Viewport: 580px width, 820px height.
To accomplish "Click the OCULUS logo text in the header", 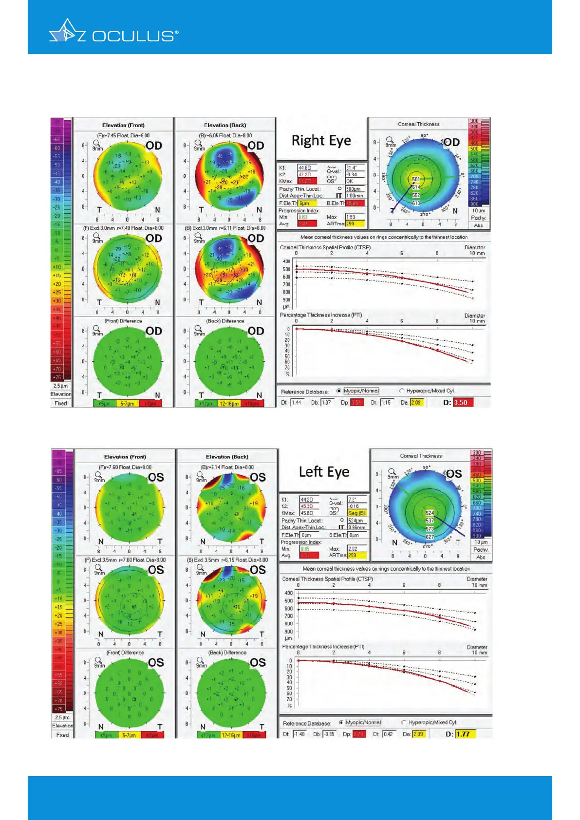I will pos(133,36).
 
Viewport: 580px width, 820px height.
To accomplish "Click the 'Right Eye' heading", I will pos(321,140).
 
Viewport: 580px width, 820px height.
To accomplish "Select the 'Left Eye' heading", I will pos(324,472).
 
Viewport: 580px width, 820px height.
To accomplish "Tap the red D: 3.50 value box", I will pos(463,403).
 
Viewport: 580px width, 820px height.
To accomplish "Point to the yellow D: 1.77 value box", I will pos(465,734).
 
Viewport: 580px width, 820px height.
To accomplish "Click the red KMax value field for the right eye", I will pos(307,181).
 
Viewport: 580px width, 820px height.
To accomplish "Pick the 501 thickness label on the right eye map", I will pos(416,179).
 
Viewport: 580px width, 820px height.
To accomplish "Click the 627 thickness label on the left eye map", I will pos(430,537).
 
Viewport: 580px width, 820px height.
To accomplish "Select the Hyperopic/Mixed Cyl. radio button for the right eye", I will pos(402,391).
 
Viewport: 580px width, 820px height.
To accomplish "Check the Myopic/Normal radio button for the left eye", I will pos(341,722).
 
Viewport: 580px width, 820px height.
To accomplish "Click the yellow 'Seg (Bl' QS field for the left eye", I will pos(357,513).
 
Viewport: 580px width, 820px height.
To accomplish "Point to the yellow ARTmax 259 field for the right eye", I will pos(355,224).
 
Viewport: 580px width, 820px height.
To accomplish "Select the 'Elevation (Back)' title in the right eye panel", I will pos(225,125).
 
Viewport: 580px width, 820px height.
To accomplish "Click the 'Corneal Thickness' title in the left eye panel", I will pos(421,456).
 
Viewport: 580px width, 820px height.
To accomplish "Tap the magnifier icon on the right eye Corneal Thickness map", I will pos(389,139).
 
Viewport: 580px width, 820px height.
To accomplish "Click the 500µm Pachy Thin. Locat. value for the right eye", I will pos(354,189).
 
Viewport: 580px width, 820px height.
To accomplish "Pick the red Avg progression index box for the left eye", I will pos(308,555).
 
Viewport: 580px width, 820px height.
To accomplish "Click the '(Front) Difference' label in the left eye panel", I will pos(125,652).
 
